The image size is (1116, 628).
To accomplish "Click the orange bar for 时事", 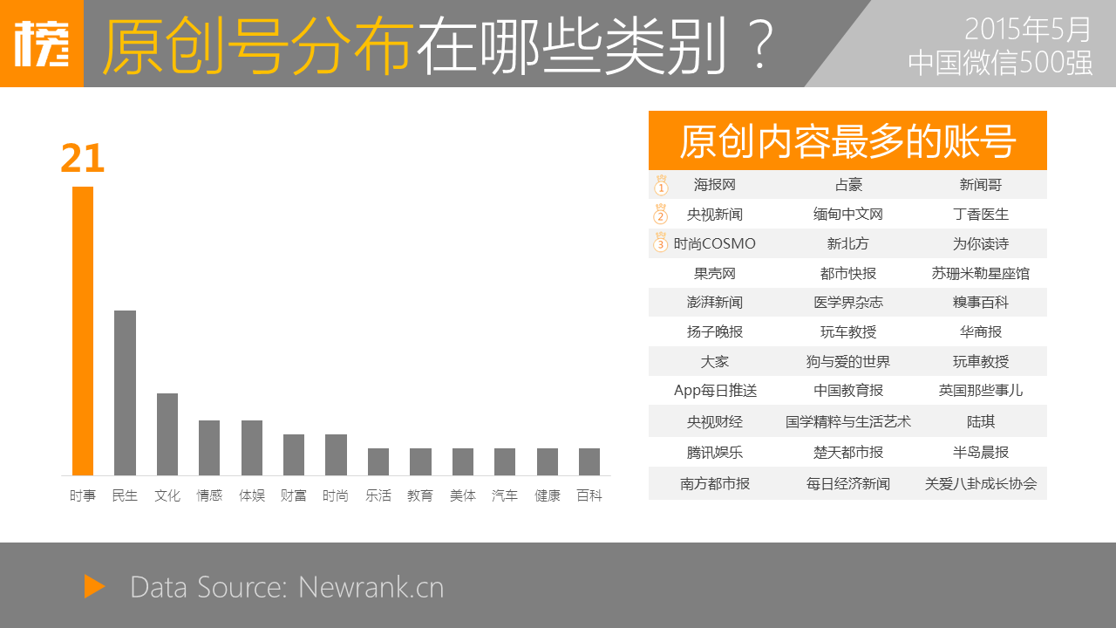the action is (x=83, y=331).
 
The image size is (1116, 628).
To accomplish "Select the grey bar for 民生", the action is (x=125, y=392).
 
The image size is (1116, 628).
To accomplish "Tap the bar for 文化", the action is (x=167, y=434).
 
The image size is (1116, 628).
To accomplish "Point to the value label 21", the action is (x=83, y=159).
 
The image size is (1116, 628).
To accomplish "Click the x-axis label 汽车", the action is (x=505, y=495).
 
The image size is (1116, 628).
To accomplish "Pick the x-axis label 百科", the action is (x=589, y=495).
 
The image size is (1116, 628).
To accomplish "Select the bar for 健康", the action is (x=547, y=461).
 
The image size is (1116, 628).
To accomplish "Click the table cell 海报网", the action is (x=715, y=185).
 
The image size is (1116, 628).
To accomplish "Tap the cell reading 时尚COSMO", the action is (x=714, y=243).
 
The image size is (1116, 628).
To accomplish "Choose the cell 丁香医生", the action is (x=981, y=215).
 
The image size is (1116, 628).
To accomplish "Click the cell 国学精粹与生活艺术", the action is (x=848, y=422).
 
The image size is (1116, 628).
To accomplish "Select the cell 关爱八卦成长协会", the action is (x=981, y=483).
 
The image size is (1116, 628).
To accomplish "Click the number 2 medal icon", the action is (x=661, y=214).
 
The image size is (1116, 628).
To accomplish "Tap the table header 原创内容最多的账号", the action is (x=847, y=141).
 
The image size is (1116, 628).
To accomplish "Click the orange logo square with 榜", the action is (x=42, y=44).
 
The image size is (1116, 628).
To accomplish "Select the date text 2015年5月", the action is (x=1027, y=29).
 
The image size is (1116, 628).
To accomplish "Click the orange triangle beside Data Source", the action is (x=94, y=586).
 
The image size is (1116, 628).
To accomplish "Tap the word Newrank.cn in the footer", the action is (x=371, y=587).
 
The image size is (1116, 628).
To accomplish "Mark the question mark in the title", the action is (x=761, y=44).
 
